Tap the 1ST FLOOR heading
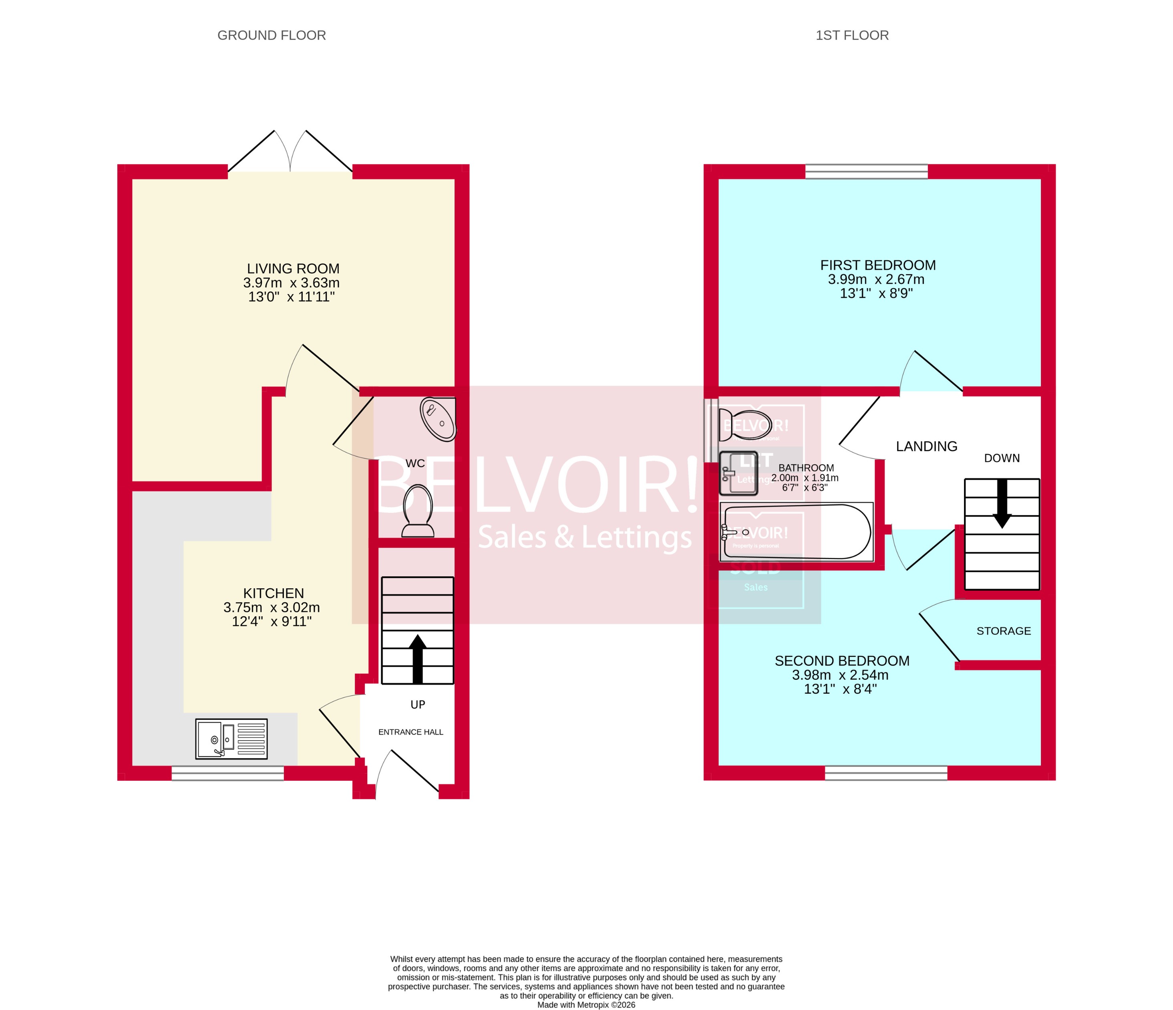851,35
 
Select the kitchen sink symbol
231,739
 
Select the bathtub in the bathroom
797,532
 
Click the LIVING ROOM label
293,269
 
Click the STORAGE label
1003,630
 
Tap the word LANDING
926,446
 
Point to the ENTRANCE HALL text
410,732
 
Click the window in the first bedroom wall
866,171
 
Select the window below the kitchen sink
227,773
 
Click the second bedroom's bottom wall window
885,773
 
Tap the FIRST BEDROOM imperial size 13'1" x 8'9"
876,293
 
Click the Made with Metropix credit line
586,1005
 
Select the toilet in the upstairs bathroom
744,425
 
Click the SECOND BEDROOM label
842,661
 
